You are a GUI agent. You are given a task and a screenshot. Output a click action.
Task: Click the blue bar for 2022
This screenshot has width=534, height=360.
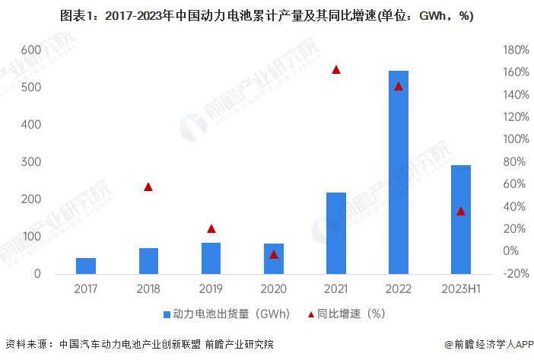coord(398,172)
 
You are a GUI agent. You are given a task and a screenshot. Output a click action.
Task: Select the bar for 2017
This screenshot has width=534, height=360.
coord(86,266)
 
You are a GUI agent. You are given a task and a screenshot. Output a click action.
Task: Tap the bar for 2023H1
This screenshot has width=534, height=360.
coord(461,219)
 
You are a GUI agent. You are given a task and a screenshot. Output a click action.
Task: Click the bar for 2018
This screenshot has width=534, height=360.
coord(148,260)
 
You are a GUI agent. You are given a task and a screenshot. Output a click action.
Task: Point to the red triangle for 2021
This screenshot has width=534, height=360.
coord(336,70)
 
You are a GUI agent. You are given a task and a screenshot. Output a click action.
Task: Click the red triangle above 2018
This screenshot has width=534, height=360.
coord(148,186)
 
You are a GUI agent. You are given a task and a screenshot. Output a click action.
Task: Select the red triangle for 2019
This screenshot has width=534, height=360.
coord(211,228)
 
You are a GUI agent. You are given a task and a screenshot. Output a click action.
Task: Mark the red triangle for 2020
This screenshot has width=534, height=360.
coord(274,254)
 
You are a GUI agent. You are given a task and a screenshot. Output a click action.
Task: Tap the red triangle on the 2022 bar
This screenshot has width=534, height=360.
coord(398,86)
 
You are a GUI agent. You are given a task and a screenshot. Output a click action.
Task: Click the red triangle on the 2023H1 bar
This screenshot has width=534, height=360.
coord(461,211)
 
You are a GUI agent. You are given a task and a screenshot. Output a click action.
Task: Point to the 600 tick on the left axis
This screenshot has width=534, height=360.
coord(30,49)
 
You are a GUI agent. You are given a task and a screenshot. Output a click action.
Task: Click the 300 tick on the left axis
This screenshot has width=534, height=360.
coord(30,161)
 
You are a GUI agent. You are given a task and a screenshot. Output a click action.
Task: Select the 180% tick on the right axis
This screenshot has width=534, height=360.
coord(517,49)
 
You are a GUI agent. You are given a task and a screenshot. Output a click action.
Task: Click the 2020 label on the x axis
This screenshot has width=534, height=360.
coord(274,289)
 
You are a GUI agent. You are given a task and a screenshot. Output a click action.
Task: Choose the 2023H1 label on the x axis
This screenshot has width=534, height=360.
coord(461,289)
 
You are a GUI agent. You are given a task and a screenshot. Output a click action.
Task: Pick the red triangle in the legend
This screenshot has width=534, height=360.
coord(310,314)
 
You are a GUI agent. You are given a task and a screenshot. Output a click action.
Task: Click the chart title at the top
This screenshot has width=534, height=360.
coord(266,16)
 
